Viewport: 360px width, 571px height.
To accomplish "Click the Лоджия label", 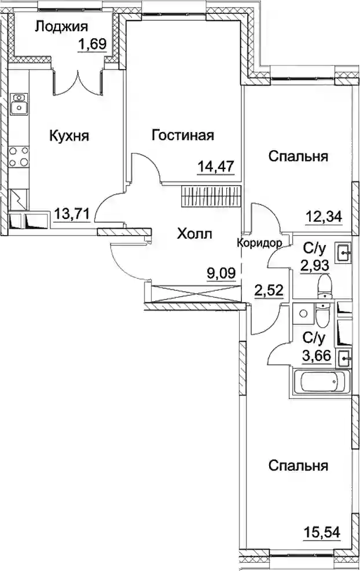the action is [61, 27].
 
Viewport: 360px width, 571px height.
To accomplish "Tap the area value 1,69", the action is [92, 45].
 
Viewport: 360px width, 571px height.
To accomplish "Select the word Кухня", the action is [69, 136].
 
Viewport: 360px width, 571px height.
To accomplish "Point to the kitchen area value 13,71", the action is [72, 213].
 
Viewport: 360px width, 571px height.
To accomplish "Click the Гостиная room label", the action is [183, 135].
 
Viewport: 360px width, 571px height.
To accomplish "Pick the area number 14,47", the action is [215, 167].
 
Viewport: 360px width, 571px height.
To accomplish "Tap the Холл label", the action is [194, 234].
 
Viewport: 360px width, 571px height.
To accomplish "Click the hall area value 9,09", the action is [222, 272].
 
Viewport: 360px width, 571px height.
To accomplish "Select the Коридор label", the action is [259, 243].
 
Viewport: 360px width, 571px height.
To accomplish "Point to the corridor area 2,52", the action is [269, 291].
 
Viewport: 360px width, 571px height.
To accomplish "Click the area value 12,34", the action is [324, 217].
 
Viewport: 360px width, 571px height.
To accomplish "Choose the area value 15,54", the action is [322, 532].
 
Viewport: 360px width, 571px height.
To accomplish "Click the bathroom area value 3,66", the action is [317, 354].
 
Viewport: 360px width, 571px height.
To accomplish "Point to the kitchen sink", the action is [19, 104].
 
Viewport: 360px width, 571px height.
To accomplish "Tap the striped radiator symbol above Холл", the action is [211, 196].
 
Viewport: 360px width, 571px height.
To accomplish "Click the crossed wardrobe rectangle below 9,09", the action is [196, 294].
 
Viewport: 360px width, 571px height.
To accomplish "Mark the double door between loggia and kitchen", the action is [78, 83].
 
